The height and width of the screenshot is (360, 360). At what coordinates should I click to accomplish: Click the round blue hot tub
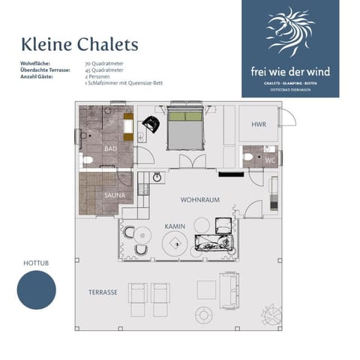(37, 290)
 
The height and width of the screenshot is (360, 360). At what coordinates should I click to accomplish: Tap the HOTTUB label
(35, 264)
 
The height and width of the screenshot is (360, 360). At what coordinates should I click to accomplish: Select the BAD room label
(110, 148)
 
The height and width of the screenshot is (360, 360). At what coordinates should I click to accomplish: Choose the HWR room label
(259, 124)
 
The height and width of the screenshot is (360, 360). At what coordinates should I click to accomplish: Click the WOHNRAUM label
(199, 200)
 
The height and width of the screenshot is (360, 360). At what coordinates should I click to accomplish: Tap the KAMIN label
(174, 225)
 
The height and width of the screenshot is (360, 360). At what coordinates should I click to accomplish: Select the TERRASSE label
(102, 292)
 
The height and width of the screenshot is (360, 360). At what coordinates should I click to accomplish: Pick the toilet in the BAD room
(88, 160)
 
